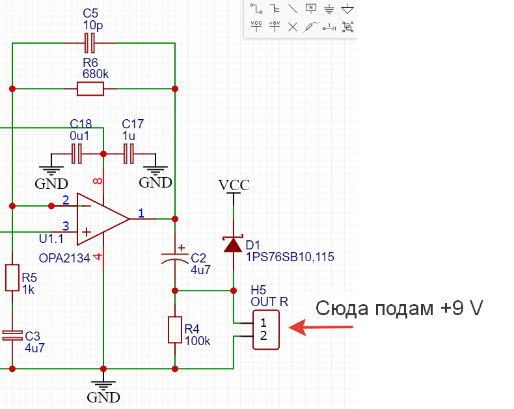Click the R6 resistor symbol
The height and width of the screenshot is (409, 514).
pos(90,89)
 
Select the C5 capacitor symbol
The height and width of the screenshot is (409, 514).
pos(90,44)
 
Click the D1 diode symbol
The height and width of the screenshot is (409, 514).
pos(234,245)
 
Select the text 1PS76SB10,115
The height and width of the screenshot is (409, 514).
pos(290,257)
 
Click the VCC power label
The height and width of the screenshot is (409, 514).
pos(234,185)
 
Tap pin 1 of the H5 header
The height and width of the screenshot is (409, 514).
pos(263,322)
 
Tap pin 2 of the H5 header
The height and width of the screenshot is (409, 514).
pos(263,336)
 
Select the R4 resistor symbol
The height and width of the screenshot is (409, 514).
pos(174,330)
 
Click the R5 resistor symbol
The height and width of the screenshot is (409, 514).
pos(12,277)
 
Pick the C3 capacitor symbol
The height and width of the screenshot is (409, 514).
pos(12,335)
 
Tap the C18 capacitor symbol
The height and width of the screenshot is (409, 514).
pos(77,154)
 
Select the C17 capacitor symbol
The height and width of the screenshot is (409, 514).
pos(129,154)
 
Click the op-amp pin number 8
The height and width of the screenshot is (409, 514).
pos(98,182)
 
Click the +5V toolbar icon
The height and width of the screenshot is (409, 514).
pos(274,26)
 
